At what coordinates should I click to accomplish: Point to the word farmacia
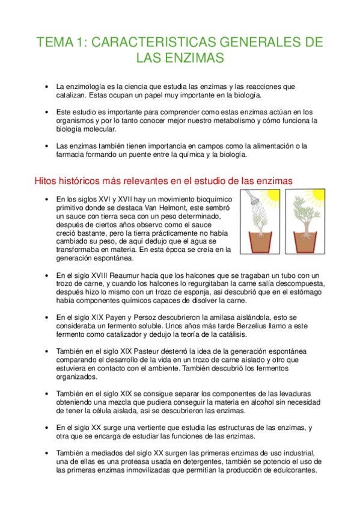coord(72,155)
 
